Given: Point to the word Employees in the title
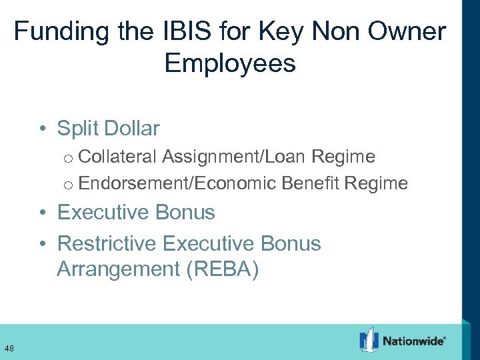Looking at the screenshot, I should (230, 64).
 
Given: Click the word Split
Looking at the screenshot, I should (79, 128).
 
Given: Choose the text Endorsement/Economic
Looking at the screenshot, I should (177, 183).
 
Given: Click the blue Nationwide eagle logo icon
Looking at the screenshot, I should (369, 340).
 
